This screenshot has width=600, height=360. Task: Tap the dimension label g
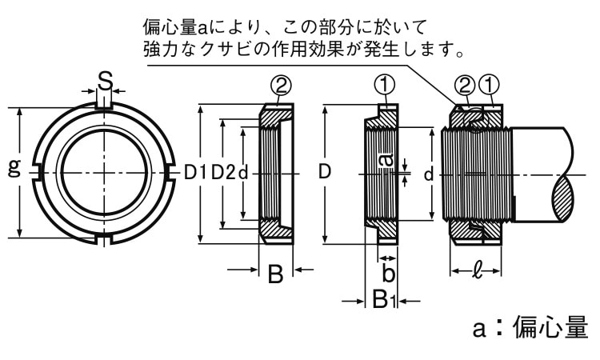pyautogui.click(x=13, y=168)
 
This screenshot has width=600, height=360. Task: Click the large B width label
pyautogui.click(x=275, y=275)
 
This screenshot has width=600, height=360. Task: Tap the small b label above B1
pyautogui.click(x=388, y=274)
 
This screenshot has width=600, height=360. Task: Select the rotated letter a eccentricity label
pyautogui.click(x=386, y=161)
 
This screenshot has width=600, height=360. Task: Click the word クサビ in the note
pyautogui.click(x=242, y=50)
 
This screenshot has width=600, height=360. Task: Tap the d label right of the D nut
pyautogui.click(x=429, y=174)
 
